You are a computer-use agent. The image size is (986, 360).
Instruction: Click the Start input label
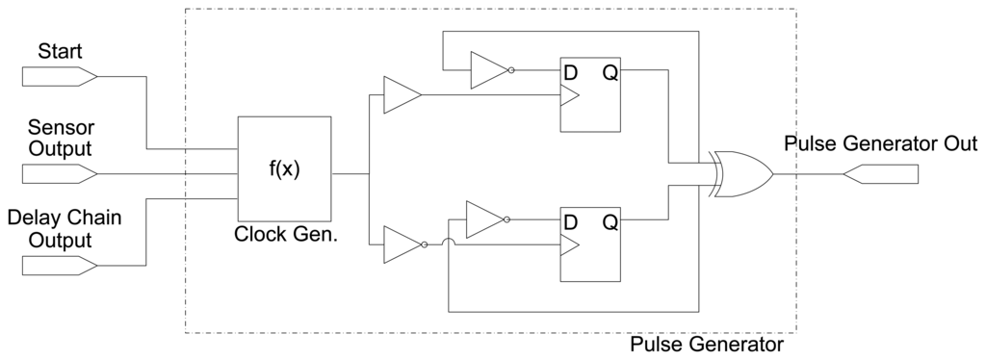(x=60, y=50)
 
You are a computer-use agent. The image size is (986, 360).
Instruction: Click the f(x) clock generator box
(x=284, y=171)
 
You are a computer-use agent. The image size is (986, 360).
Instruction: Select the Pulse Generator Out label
(x=880, y=144)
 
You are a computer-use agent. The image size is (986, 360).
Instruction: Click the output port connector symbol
(x=880, y=174)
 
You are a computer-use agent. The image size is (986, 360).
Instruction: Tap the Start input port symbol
(x=58, y=75)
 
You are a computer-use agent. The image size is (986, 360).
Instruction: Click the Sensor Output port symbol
(x=58, y=174)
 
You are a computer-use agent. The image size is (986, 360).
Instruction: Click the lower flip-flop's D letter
(x=571, y=222)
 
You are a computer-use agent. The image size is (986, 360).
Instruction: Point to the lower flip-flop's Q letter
(x=610, y=222)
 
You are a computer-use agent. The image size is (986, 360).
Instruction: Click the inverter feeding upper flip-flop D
(x=489, y=69)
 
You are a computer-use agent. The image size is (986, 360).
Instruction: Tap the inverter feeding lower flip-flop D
(x=484, y=219)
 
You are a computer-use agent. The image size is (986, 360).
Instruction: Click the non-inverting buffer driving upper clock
(x=401, y=95)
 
